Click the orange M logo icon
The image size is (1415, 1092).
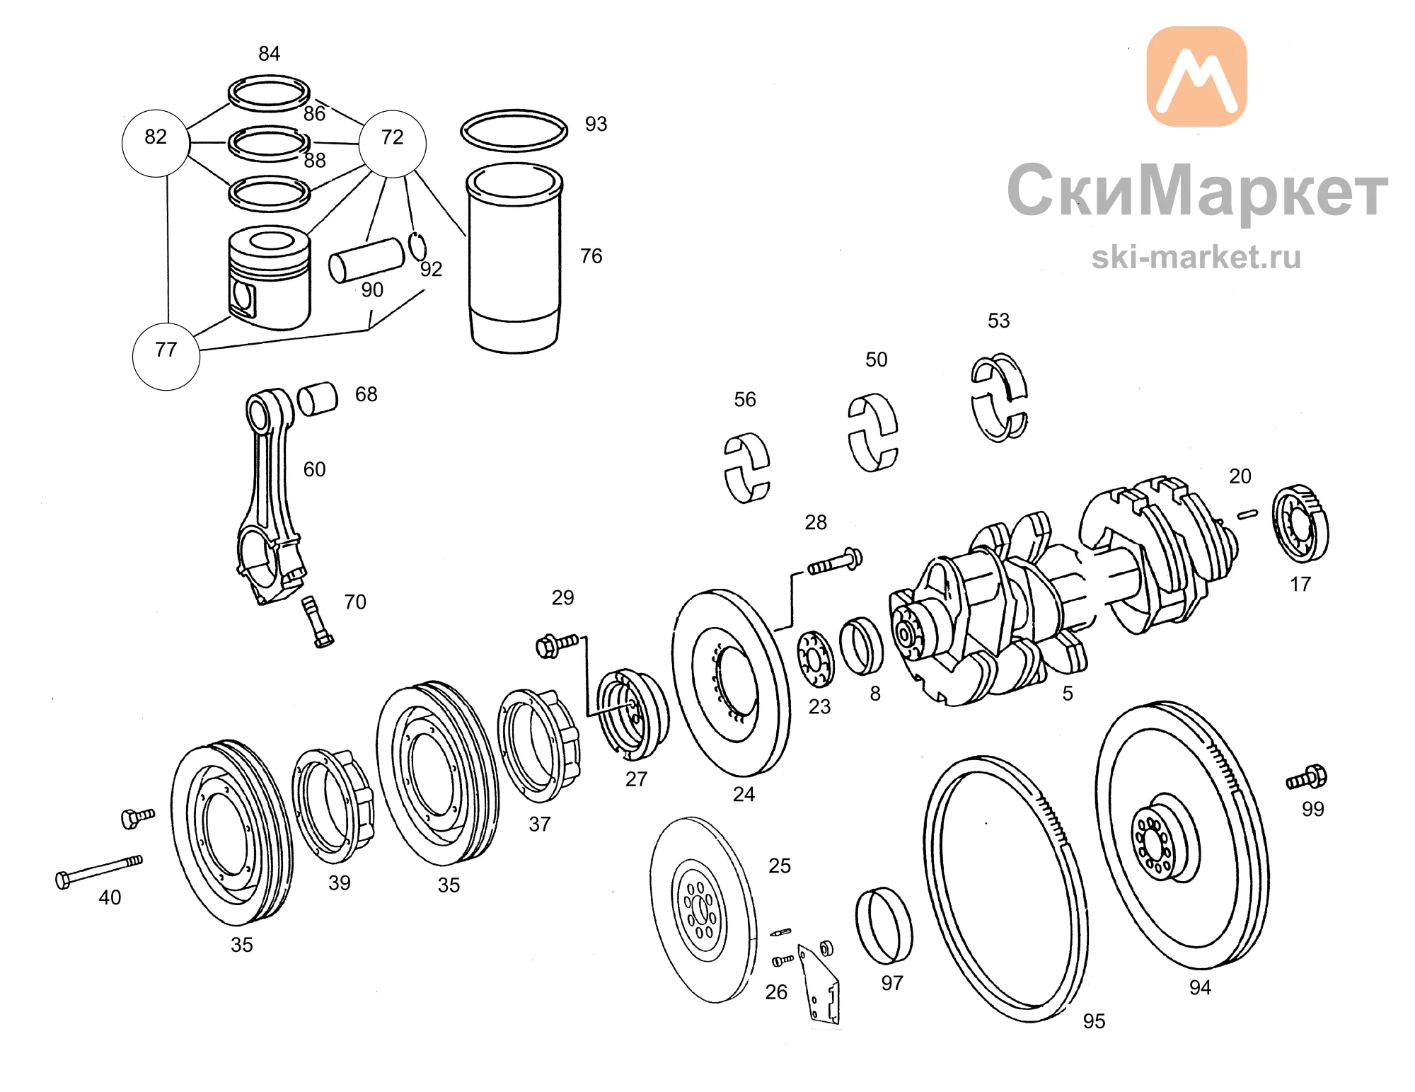click(1196, 76)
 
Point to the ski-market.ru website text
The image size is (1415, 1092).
click(1196, 257)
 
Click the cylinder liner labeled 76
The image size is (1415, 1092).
click(514, 258)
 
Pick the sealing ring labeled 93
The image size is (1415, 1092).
click(514, 130)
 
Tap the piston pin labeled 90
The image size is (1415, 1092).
click(366, 260)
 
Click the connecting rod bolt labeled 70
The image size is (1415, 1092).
click(318, 622)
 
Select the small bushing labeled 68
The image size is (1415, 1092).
click(318, 399)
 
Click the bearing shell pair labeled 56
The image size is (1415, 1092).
click(747, 468)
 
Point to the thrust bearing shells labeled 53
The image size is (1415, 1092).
click(999, 398)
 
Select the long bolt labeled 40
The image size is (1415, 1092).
click(99, 871)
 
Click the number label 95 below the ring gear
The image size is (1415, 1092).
click(1094, 1021)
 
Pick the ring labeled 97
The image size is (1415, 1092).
click(884, 925)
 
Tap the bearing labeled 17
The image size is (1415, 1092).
click(1300, 524)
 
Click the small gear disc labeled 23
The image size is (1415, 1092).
click(816, 659)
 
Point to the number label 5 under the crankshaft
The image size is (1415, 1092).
click(1068, 694)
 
